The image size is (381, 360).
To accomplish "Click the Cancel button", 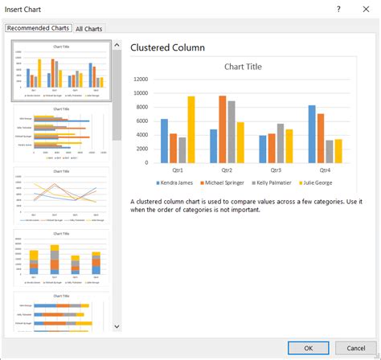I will click(357, 349).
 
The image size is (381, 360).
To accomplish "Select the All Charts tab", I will click(89, 29).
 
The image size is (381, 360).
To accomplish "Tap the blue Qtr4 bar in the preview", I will click(312, 134).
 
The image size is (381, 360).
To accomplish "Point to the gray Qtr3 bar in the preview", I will click(281, 143).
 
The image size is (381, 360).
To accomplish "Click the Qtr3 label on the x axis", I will click(276, 170).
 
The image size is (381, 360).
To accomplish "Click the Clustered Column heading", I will click(167, 47).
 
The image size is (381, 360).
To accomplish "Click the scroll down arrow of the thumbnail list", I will click(117, 325).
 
